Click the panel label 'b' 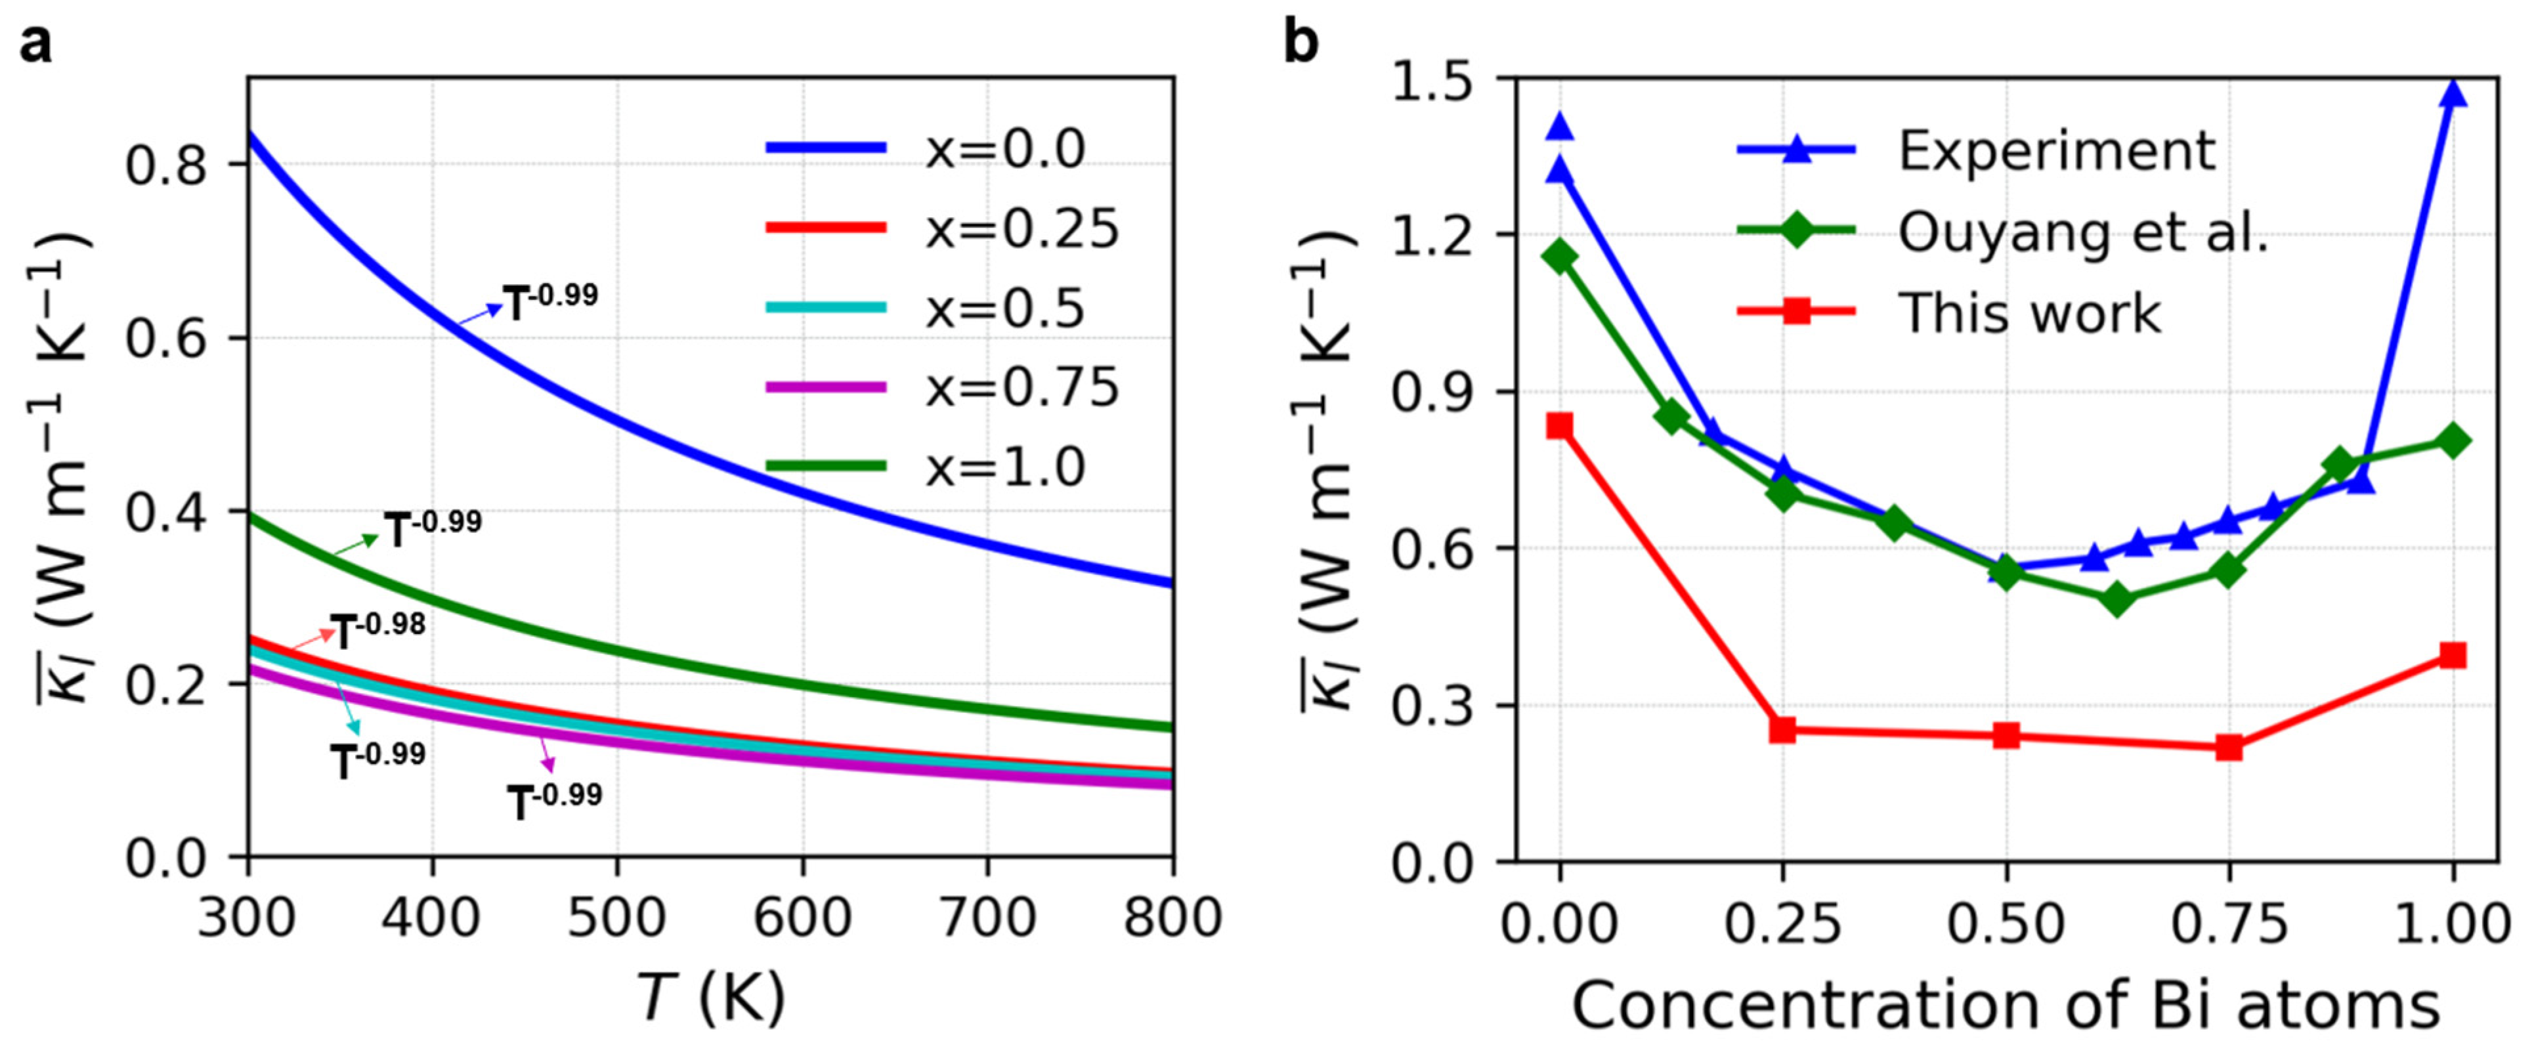(1300, 44)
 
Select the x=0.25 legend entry (1021, 228)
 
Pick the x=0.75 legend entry (1021, 387)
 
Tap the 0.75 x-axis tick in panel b (2229, 924)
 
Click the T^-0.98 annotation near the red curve (377, 630)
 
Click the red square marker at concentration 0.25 (1782, 730)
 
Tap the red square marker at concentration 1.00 (2453, 656)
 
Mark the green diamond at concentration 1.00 (2453, 440)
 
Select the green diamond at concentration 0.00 (1559, 257)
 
